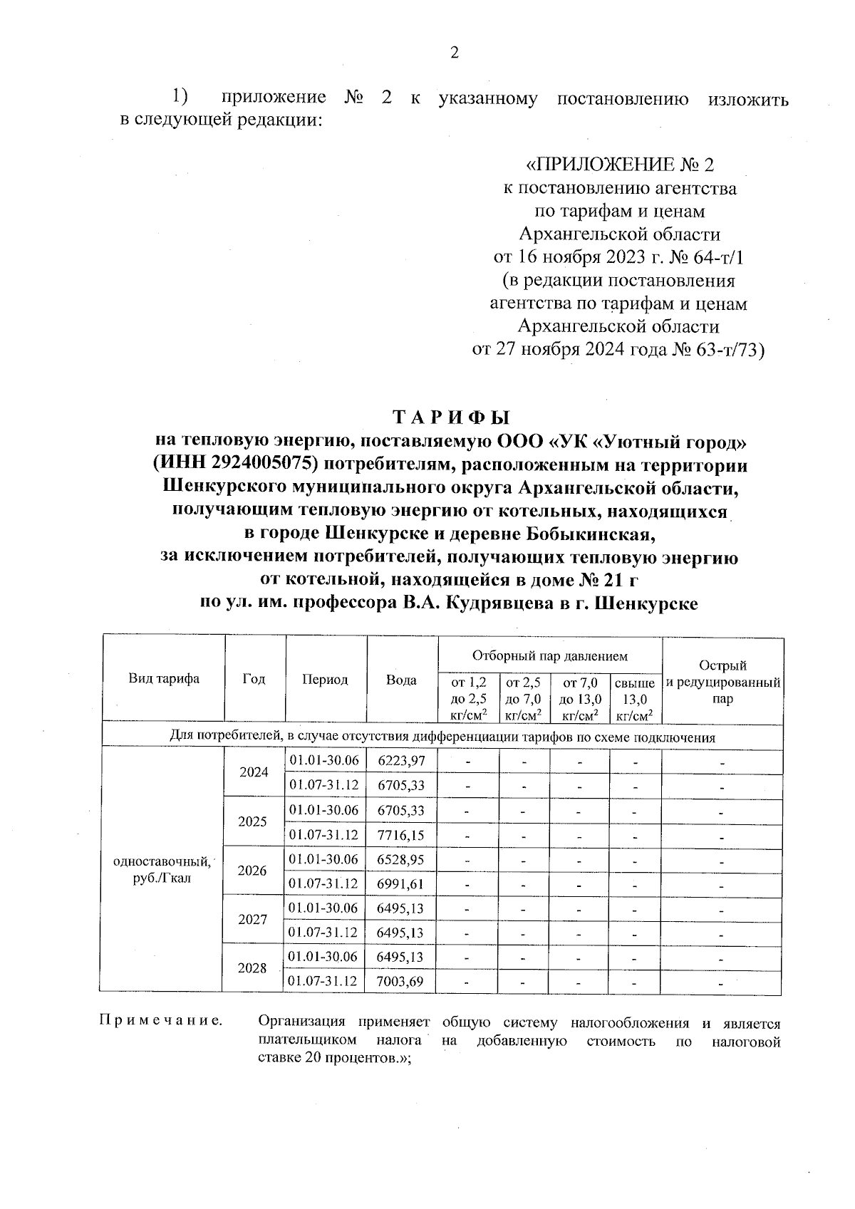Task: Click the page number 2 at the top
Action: [454, 53]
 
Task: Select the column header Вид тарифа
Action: [164, 679]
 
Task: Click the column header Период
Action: [325, 680]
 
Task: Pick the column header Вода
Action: [401, 680]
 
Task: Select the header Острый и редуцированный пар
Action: [722, 682]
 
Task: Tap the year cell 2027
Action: [252, 920]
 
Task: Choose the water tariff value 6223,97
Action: [401, 760]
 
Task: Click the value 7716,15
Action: [401, 834]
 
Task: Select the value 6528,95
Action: [401, 859]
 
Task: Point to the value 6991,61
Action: [401, 883]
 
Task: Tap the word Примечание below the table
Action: [160, 1023]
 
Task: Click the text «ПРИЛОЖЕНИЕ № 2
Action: [618, 165]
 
